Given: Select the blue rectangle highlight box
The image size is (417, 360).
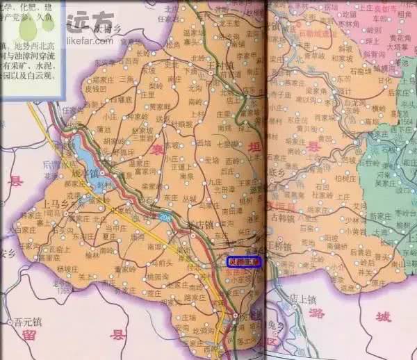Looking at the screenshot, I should coord(243,262).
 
